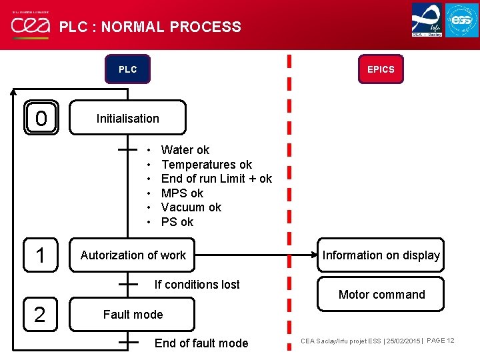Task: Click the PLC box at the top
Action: [127, 69]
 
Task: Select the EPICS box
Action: [381, 69]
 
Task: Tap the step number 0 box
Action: [41, 119]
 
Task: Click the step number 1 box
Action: [41, 255]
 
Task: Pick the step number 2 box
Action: [40, 314]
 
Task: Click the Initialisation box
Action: [127, 118]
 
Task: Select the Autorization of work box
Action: [133, 255]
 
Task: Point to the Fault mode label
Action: [133, 314]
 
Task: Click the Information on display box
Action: [381, 255]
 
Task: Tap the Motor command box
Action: [381, 294]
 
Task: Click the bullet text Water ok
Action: [185, 150]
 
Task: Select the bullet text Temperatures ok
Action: [207, 164]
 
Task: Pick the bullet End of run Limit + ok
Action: [217, 179]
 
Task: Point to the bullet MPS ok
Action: [182, 193]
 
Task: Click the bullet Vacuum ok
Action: [191, 207]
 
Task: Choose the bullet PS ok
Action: [177, 222]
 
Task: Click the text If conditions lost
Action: [197, 284]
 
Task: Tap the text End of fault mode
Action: [201, 343]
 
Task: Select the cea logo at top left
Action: [29, 26]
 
